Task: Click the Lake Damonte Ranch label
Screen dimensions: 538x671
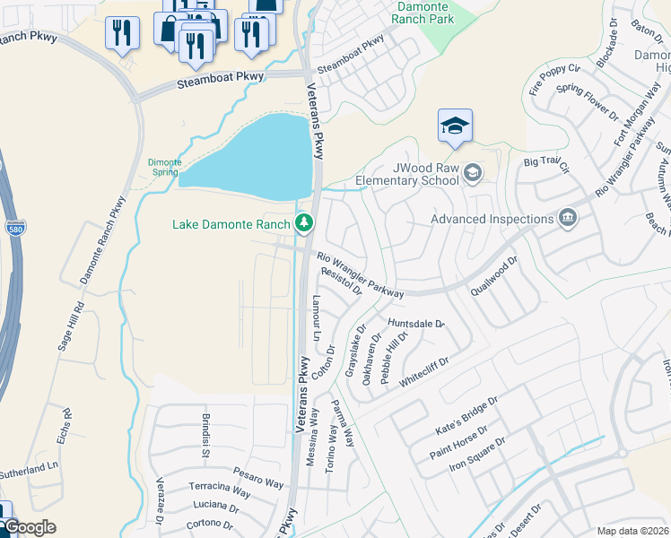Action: pos(231,223)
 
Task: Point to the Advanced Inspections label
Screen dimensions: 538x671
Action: pos(492,219)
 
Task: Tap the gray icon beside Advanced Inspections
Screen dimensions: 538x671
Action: pos(567,219)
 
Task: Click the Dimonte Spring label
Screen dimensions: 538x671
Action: pos(164,169)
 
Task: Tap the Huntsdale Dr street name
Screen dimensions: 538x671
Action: pos(416,323)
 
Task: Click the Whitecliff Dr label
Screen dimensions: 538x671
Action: pos(423,372)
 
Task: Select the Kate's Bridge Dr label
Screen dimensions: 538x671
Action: pos(465,414)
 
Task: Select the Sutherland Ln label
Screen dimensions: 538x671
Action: pos(28,468)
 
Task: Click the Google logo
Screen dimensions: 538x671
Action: pos(29,527)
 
